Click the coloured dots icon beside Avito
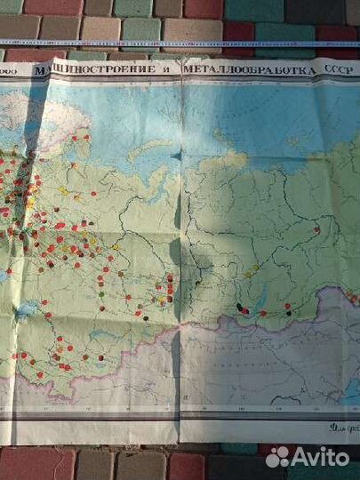pyautogui.click(x=278, y=456)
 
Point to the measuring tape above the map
pyautogui.click(x=178, y=42)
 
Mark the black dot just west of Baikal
pyautogui.click(x=241, y=308)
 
